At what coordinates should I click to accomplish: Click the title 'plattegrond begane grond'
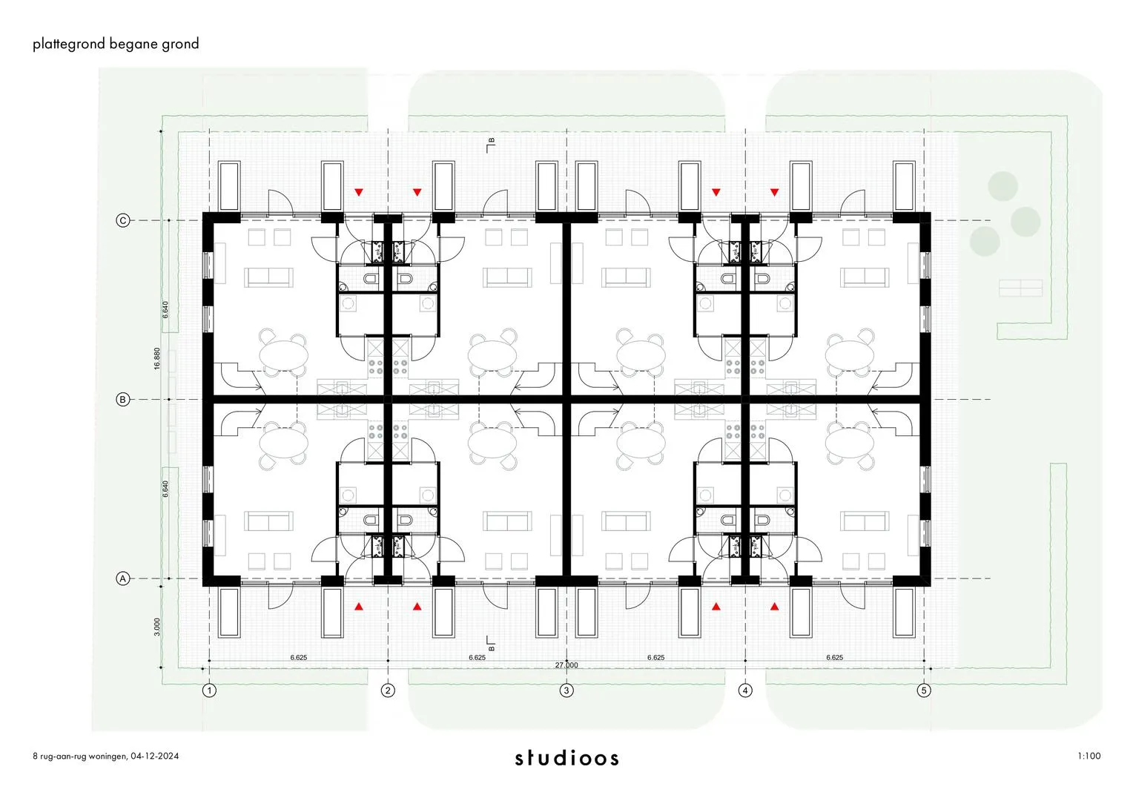coord(116,44)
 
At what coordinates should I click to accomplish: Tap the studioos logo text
coord(566,758)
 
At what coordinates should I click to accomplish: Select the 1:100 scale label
coord(1089,756)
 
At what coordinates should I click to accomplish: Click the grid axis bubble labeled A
coord(123,578)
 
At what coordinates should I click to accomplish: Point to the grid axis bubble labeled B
coord(123,400)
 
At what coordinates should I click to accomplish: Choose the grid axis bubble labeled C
coord(123,220)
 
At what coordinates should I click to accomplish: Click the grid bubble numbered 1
coord(210,690)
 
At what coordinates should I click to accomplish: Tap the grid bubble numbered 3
coord(566,690)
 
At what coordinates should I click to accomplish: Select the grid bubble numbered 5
coord(923,690)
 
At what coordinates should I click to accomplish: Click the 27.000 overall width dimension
coord(566,665)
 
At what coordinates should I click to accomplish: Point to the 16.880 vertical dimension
coord(157,359)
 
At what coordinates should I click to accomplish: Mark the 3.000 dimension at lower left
coord(157,627)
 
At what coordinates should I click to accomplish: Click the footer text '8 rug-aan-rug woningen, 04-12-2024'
coord(106,756)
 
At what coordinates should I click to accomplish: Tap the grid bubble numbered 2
coord(388,690)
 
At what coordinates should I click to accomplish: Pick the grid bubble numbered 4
coord(745,690)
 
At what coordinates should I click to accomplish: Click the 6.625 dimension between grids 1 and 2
coord(299,657)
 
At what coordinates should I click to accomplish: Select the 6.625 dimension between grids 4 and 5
coord(835,657)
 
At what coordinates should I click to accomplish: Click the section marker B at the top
coord(490,144)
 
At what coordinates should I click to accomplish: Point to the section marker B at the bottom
coord(490,644)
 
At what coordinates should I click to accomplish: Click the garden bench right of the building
coord(1020,289)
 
